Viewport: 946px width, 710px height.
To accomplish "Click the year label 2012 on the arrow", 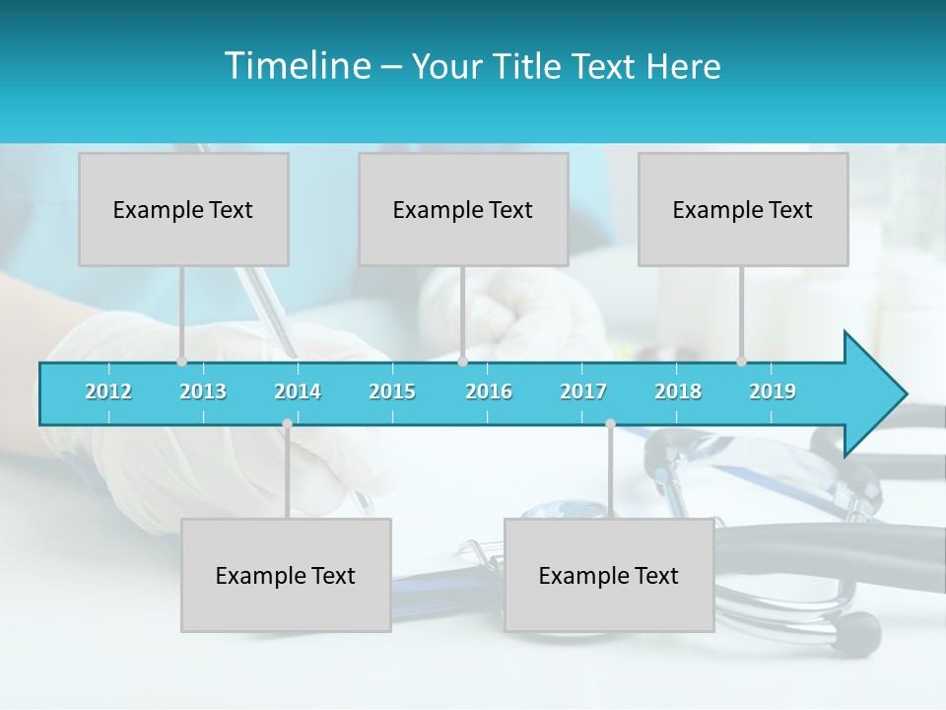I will coord(108,391).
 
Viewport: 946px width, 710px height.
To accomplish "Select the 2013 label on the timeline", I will coord(203,391).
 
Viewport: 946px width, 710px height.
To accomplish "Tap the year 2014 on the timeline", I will coord(298,391).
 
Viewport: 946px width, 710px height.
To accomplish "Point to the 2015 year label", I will coord(392,391).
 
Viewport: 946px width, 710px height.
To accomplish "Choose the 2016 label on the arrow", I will coord(489,391).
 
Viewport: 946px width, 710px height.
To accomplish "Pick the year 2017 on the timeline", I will coord(583,391).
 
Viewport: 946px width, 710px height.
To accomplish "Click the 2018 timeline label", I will coord(678,391).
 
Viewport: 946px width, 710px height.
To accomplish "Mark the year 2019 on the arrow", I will coord(773,391).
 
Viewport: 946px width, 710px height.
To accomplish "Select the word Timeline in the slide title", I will coord(297,66).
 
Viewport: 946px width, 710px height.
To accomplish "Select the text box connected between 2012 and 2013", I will coord(183,209).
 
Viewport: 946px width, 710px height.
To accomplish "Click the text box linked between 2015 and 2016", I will coord(463,209).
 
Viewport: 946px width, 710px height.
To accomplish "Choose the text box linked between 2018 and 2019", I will coord(743,209).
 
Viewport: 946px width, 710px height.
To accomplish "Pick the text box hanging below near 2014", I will coord(286,575).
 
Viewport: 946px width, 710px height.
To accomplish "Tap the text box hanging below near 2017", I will coord(609,575).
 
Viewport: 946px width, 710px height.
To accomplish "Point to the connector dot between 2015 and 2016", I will coord(462,362).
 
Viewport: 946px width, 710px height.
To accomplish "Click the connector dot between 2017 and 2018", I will coord(610,424).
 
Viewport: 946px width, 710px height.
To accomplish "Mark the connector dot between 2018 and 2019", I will coord(741,362).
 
